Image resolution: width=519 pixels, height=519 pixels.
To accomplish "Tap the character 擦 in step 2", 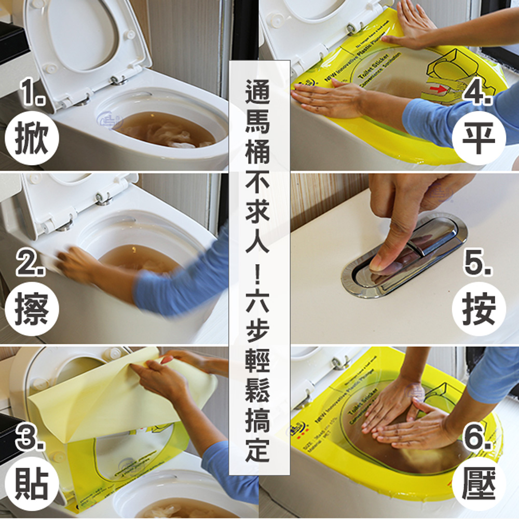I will [x=32, y=310].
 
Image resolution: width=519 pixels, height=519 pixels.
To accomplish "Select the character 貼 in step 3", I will [x=32, y=483].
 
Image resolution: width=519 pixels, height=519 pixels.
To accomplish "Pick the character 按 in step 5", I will [x=479, y=310].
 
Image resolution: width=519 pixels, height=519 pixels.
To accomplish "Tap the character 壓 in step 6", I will [x=479, y=483].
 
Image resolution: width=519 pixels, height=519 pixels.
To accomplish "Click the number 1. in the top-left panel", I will [x=32, y=93].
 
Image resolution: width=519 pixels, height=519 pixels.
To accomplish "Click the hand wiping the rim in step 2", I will [x=78, y=265].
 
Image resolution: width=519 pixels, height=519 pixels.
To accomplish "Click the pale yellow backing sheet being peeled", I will [x=104, y=394].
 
